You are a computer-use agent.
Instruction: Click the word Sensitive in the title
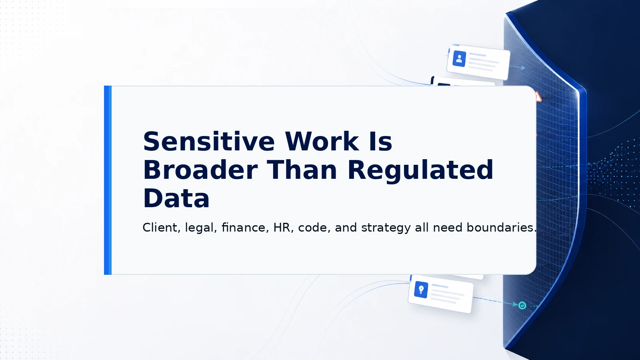point(209,141)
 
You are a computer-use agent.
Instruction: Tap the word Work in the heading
point(322,141)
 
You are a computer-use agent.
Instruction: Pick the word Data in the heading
point(176,198)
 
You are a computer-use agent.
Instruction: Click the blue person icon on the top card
point(459,59)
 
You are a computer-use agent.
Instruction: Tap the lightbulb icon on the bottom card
point(421,290)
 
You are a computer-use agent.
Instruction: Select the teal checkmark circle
point(522,306)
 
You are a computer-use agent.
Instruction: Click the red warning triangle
point(538,97)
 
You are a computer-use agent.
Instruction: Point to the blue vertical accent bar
point(108,180)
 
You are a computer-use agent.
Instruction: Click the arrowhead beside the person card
point(523,68)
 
